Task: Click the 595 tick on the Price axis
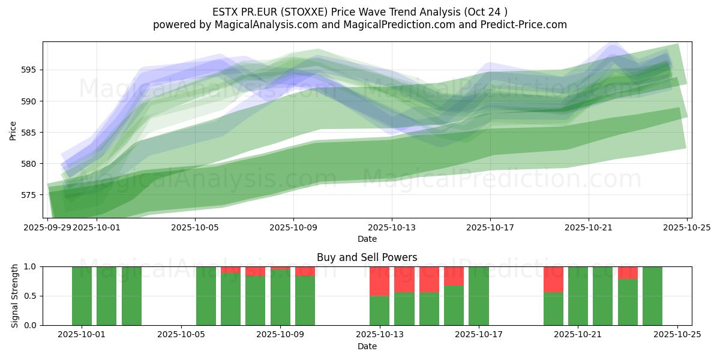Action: [31, 70]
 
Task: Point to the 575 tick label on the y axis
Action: [31, 195]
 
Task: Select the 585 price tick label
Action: [31, 133]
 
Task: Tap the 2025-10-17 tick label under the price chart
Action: [490, 228]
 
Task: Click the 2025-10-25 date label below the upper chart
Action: [687, 228]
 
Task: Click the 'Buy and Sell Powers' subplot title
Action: [367, 257]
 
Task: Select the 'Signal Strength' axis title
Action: [16, 296]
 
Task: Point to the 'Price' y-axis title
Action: [13, 130]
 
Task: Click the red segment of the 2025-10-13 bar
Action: [379, 281]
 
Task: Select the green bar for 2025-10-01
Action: [82, 296]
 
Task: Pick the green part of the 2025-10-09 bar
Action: [280, 298]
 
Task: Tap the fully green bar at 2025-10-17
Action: [479, 296]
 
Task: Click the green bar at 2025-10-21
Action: [578, 296]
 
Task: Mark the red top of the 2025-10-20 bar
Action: [553, 279]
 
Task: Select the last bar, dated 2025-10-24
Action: [652, 296]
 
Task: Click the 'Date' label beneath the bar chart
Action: [367, 346]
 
